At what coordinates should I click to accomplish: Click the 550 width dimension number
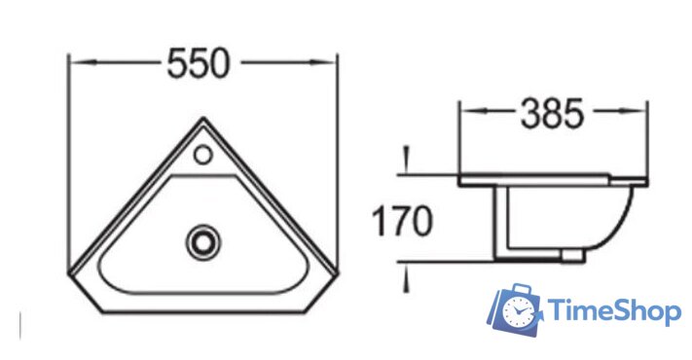click(x=199, y=63)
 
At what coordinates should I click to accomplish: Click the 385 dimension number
click(x=553, y=114)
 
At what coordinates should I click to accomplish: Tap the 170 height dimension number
click(x=403, y=221)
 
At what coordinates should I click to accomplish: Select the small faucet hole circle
click(x=203, y=155)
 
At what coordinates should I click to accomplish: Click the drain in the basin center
click(x=203, y=242)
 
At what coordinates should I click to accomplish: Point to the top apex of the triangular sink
click(x=203, y=118)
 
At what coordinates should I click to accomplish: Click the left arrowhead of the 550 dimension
click(x=83, y=62)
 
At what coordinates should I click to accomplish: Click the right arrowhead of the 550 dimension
click(x=323, y=62)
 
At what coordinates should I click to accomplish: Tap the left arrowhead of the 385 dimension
click(x=473, y=110)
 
